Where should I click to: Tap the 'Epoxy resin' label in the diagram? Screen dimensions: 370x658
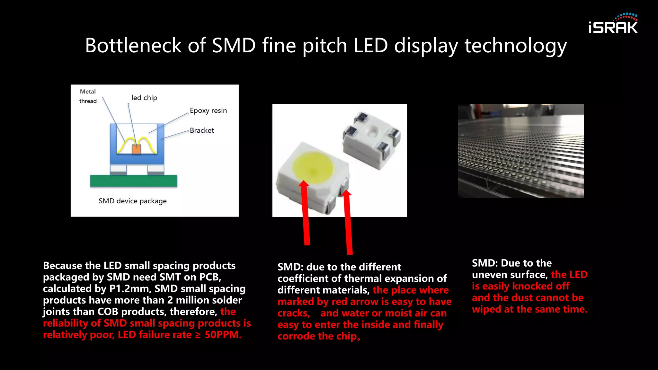208,110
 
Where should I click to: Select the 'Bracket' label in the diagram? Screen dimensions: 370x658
202,130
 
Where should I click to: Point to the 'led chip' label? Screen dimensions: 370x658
144,98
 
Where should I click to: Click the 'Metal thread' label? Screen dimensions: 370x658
88,96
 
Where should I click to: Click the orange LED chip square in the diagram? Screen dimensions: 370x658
137,149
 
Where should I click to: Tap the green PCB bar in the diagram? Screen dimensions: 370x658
133,181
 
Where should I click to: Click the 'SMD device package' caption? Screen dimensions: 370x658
132,201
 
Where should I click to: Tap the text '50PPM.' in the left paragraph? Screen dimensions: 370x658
223,335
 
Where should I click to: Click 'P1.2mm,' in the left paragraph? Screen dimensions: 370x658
130,289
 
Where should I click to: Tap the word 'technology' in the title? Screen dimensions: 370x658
516,45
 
